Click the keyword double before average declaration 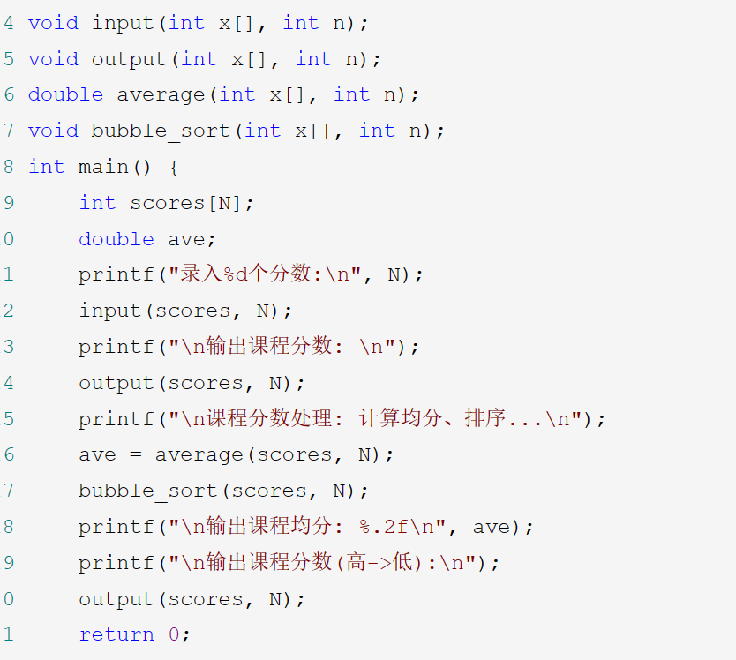pos(65,94)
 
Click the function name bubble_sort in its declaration pos(161,131)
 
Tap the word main pos(103,167)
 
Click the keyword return pos(116,634)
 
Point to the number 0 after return pos(174,634)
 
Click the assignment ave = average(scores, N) pos(236,454)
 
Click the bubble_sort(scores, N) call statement pos(223,491)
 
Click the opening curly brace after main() pos(174,167)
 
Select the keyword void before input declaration pos(53,23)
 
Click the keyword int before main pos(47,167)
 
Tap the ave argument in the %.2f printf pos(492,527)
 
